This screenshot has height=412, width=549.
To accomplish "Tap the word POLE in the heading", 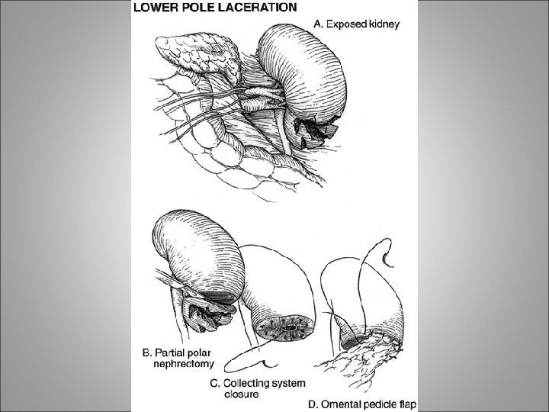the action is (192, 8).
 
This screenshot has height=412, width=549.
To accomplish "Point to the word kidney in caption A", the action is (384, 24).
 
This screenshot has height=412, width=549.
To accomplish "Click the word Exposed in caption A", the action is (348, 24).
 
